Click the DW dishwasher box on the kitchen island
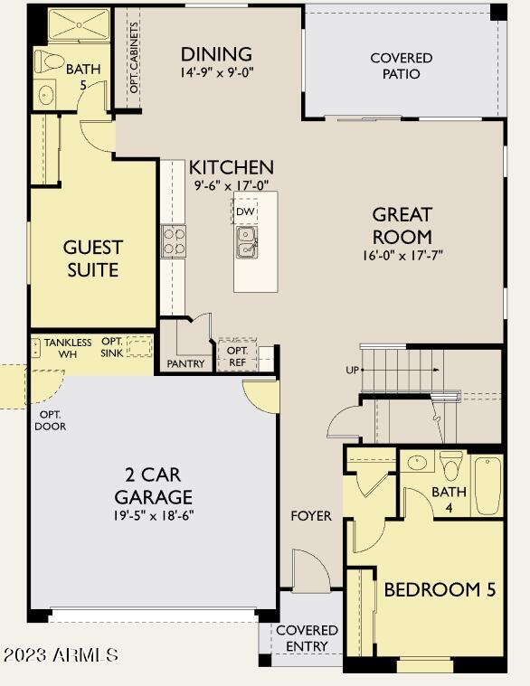(245, 211)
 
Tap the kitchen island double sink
(247, 242)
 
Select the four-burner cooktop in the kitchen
(174, 241)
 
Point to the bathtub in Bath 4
(488, 485)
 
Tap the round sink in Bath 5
(46, 94)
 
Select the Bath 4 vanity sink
(417, 462)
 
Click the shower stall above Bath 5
(79, 24)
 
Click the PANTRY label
(185, 363)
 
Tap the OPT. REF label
(237, 356)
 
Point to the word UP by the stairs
(353, 371)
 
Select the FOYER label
(311, 516)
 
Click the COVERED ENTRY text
(307, 638)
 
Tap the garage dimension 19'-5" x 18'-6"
(153, 516)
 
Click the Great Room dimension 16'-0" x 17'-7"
(402, 255)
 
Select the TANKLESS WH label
(68, 348)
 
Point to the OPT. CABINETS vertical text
(135, 57)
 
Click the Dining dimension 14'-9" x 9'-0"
(217, 72)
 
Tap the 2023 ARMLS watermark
(61, 655)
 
